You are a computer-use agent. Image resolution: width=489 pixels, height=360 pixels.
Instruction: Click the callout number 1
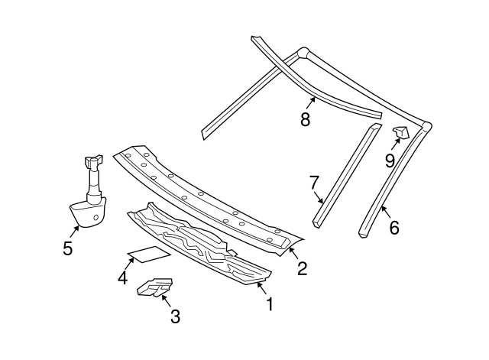(268, 304)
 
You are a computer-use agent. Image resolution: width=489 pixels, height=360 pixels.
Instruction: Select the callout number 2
(302, 268)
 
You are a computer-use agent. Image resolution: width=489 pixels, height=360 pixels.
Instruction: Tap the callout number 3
(175, 316)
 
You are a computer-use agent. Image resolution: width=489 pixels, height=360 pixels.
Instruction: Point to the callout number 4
(122, 278)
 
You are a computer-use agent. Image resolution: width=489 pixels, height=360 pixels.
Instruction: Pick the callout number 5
(68, 248)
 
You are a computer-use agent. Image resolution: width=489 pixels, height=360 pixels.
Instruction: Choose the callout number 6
(394, 227)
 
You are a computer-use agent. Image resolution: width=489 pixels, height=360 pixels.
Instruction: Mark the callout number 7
(314, 183)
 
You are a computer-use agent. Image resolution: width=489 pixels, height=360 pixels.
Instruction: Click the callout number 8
(305, 119)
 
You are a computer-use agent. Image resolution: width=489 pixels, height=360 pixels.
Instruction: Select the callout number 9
(389, 160)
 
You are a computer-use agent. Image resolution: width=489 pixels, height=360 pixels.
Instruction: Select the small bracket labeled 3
(153, 286)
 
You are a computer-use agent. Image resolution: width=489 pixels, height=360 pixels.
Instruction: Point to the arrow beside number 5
(75, 227)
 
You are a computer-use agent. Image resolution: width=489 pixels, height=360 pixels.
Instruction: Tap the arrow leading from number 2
(293, 251)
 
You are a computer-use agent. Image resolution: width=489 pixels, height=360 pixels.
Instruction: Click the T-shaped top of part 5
(92, 161)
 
